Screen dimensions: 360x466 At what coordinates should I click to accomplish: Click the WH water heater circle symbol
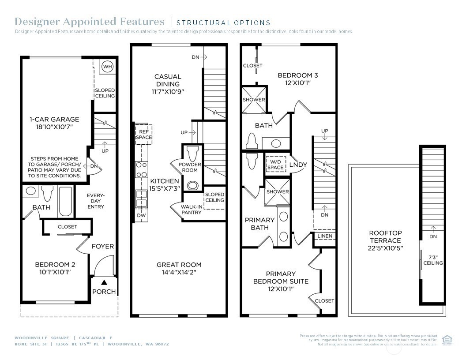pyautogui.click(x=107, y=67)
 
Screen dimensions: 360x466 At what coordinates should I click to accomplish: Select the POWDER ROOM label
pyautogui.click(x=190, y=168)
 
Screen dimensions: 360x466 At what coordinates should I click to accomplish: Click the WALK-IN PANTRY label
pyautogui.click(x=191, y=209)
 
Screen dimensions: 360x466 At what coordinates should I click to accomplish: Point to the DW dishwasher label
pyautogui.click(x=141, y=215)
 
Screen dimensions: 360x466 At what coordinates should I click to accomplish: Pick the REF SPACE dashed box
pyautogui.click(x=144, y=134)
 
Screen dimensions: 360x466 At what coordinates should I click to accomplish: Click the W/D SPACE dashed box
pyautogui.click(x=275, y=164)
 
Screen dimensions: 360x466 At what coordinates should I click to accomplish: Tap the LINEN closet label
pyautogui.click(x=325, y=236)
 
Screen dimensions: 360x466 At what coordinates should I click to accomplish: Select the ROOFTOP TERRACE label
pyautogui.click(x=386, y=236)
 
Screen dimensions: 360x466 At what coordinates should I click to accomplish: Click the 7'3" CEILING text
pyautogui.click(x=433, y=259)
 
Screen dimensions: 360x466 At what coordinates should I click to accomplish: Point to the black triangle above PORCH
pyautogui.click(x=104, y=282)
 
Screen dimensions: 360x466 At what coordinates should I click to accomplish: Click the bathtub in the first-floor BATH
pyautogui.click(x=65, y=202)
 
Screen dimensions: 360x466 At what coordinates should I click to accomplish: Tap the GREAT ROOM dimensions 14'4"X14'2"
pyautogui.click(x=179, y=272)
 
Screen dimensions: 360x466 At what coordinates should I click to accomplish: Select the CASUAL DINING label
pyautogui.click(x=167, y=80)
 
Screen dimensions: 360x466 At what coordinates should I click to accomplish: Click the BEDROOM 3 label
pyautogui.click(x=297, y=75)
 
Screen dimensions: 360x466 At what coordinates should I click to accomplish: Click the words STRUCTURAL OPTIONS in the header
pyautogui.click(x=223, y=22)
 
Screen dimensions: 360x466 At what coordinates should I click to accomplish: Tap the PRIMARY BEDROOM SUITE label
pyautogui.click(x=281, y=277)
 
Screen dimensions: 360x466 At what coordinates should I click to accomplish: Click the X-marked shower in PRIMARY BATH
pyautogui.click(x=278, y=192)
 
